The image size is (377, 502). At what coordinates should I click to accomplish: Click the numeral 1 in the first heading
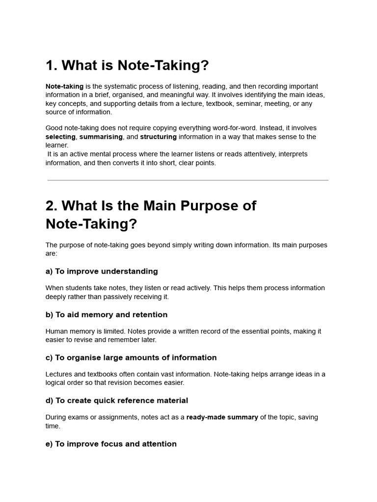(x=50, y=65)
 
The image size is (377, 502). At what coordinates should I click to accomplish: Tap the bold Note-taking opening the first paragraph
(x=64, y=86)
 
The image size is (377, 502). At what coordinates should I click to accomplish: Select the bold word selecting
(x=60, y=137)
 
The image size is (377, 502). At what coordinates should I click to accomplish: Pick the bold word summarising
(x=101, y=137)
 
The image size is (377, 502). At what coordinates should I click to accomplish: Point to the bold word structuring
(x=158, y=137)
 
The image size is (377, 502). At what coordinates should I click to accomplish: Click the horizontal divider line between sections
(x=188, y=180)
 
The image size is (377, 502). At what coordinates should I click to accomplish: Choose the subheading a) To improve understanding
(x=102, y=272)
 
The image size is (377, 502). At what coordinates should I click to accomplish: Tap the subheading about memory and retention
(x=107, y=315)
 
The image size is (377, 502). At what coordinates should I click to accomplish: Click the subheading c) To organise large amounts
(x=131, y=358)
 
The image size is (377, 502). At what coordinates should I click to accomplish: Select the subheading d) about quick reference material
(x=117, y=401)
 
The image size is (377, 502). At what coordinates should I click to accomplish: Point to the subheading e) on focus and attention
(x=111, y=444)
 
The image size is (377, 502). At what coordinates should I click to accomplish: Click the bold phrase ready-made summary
(x=222, y=418)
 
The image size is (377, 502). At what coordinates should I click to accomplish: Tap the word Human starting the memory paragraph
(x=56, y=331)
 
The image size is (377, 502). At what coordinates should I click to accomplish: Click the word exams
(x=84, y=418)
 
